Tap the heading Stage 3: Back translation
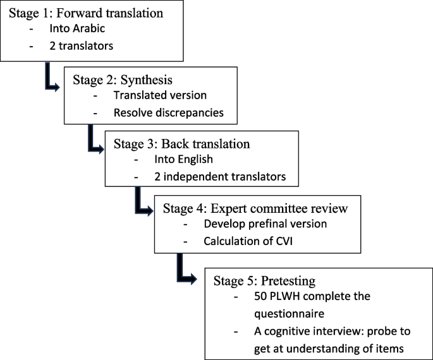pos(181,143)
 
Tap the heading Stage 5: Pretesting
pos(264,279)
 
